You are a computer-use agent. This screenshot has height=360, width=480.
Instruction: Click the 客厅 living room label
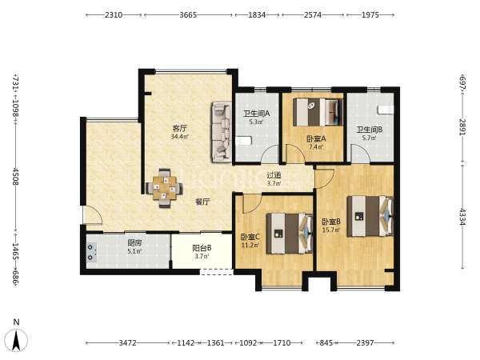(180, 128)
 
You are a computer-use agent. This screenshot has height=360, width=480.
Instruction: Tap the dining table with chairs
(164, 188)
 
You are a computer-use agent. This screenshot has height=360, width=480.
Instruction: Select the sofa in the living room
(221, 132)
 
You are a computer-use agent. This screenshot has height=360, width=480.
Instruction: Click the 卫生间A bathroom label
(257, 114)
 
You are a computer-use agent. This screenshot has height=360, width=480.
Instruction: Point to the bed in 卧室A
(318, 112)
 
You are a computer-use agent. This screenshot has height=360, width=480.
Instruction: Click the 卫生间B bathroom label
(369, 130)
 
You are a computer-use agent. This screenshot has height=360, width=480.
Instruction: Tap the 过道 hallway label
(274, 175)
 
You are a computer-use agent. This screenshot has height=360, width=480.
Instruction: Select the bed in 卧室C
(290, 234)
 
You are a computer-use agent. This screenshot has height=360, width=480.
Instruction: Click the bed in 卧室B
(370, 216)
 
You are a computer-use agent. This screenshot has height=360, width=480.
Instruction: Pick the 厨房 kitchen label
(134, 243)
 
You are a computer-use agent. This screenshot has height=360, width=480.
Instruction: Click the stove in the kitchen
(91, 253)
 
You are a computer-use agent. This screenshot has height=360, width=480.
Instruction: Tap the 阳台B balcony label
(202, 248)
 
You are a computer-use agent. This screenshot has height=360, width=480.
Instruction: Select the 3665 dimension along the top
(188, 14)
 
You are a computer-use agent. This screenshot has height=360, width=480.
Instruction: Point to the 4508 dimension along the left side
(16, 176)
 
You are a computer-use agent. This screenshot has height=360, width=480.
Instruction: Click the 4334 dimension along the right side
(462, 217)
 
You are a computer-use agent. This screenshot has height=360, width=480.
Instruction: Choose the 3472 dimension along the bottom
(127, 343)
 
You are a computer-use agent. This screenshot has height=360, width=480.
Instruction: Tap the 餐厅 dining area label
(202, 202)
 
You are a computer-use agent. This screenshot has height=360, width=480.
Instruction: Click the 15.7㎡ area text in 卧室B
(331, 230)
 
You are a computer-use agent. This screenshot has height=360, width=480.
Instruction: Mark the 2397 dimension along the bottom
(365, 343)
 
